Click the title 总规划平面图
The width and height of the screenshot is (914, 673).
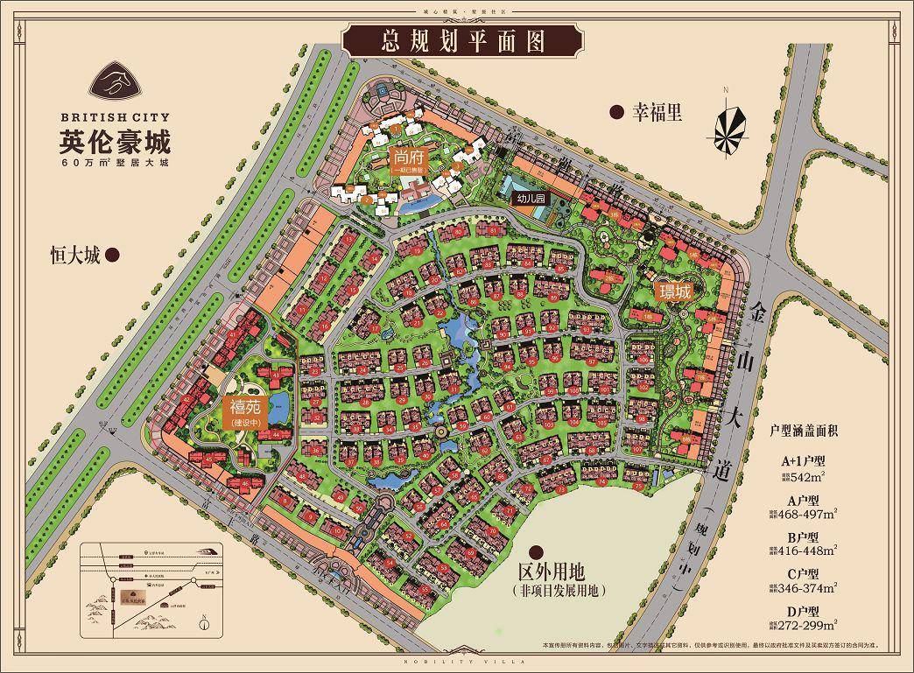point(464,40)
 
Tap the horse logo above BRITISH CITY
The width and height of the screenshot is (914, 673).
point(116,82)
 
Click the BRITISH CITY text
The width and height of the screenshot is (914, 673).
point(116,115)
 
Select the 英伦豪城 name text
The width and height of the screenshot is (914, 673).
point(116,140)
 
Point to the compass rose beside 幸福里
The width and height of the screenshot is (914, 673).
point(728,128)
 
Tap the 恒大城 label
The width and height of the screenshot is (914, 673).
point(76,256)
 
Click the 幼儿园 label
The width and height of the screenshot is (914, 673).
point(531,199)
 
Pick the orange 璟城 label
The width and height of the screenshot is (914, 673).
point(675,291)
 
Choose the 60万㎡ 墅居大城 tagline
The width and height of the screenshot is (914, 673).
point(116,162)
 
